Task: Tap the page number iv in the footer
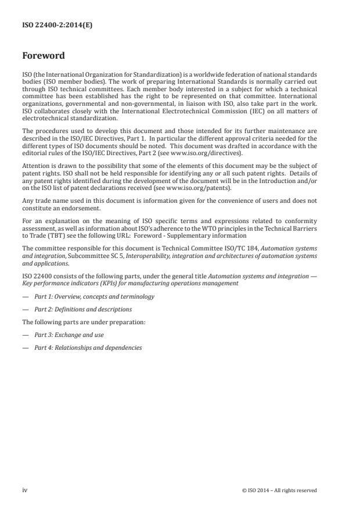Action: pyautogui.click(x=24, y=490)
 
